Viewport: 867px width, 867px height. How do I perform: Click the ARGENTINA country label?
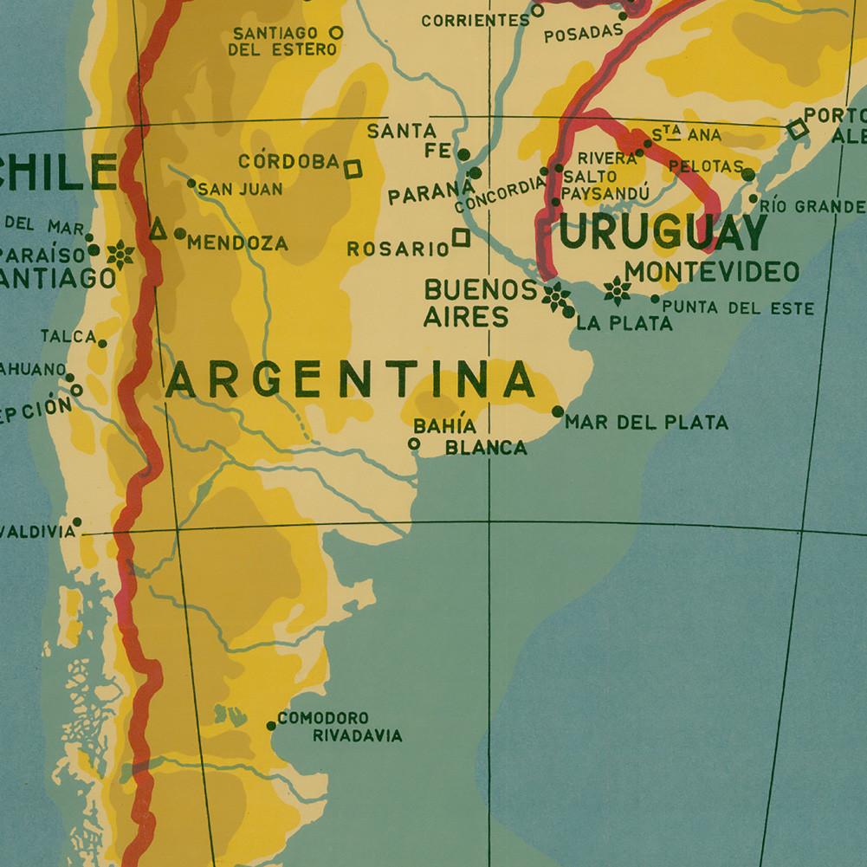pos(349,381)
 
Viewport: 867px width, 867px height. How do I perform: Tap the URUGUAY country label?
pos(663,232)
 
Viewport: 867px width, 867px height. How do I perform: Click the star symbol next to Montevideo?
pos(617,291)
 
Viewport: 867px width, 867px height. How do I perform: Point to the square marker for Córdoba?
pos(353,168)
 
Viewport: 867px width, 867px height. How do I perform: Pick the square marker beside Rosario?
pos(461,237)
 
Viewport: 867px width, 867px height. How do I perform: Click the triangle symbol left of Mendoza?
pos(158,230)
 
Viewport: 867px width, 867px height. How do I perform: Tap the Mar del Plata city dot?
pos(558,411)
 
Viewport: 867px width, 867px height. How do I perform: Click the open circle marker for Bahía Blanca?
pos(414,443)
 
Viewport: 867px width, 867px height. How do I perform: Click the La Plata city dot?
pos(569,313)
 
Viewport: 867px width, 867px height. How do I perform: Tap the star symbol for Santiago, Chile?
pos(120,254)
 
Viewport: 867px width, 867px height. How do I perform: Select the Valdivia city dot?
pos(77,521)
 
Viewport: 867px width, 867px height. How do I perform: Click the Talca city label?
pos(68,336)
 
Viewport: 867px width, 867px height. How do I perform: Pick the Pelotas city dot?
pos(748,175)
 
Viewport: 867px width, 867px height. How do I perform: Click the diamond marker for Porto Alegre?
pos(797,130)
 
